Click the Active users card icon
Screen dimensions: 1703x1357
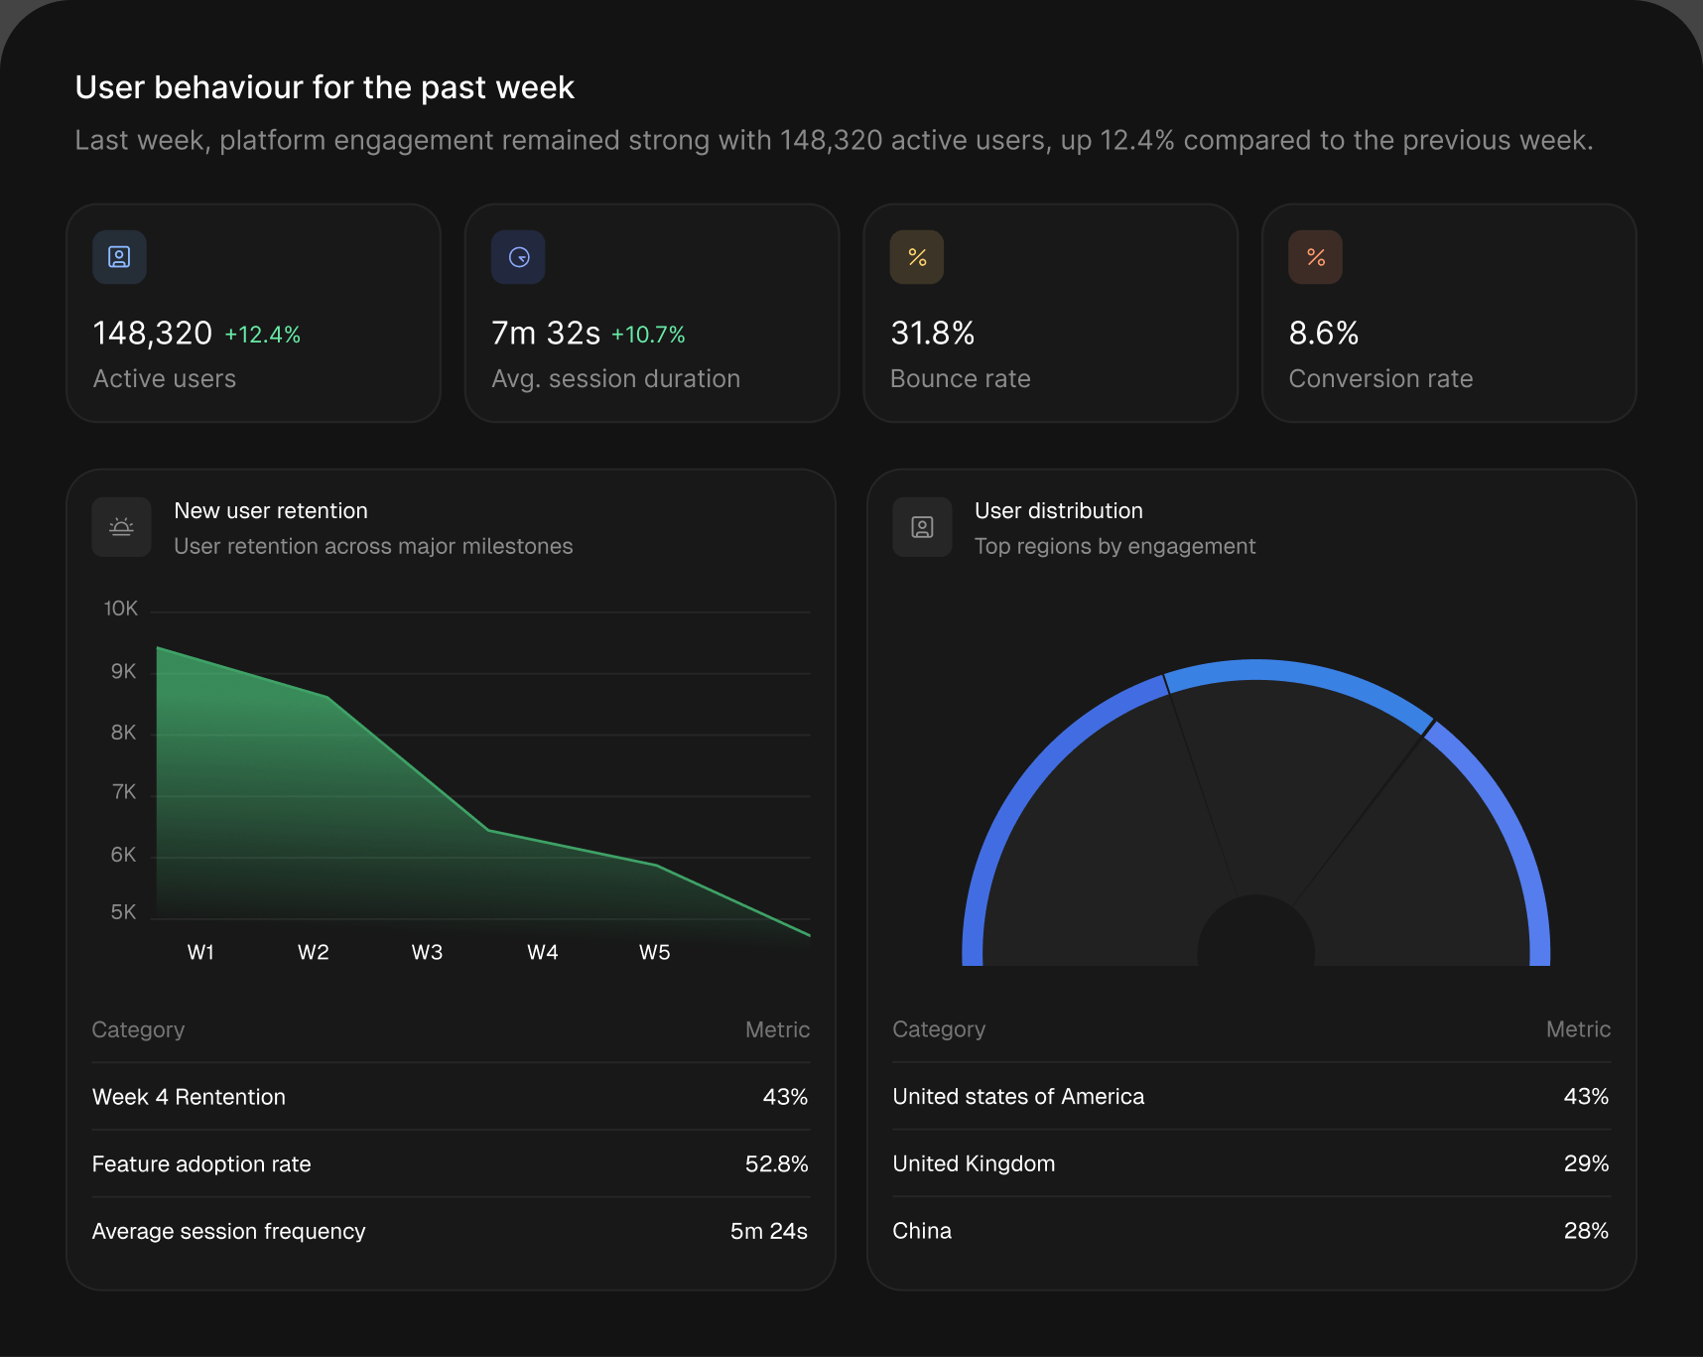119,257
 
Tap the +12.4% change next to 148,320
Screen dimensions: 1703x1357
263,335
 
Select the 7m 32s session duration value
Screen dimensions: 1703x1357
546,333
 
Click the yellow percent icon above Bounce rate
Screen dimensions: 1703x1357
917,257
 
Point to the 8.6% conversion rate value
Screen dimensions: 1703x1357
1324,333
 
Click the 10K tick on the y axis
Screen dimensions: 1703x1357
121,609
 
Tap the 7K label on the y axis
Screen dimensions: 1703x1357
124,792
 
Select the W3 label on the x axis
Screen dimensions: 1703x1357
427,952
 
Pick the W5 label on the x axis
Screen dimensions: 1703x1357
655,952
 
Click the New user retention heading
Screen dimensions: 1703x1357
271,511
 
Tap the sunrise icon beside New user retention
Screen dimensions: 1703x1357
121,527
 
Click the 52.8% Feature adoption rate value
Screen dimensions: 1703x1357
777,1163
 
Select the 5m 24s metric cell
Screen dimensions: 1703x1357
769,1231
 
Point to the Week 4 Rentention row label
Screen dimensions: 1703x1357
189,1097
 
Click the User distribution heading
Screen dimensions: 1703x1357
1059,511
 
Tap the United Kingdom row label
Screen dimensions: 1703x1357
974,1163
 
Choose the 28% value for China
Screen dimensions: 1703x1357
1586,1231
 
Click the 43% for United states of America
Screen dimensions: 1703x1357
1586,1096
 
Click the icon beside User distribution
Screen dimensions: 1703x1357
922,527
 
